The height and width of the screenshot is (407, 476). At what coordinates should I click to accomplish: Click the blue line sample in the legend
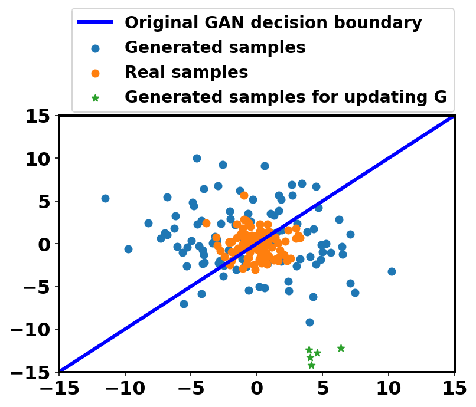tap(95, 22)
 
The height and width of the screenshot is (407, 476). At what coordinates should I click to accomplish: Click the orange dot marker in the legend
tap(95, 73)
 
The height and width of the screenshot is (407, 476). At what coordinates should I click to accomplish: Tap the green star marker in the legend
tap(95, 98)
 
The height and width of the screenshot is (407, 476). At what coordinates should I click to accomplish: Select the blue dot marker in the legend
tap(95, 48)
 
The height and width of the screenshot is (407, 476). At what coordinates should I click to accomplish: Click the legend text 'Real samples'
tap(187, 72)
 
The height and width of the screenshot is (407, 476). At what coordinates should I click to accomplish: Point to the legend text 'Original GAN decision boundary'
tap(273, 22)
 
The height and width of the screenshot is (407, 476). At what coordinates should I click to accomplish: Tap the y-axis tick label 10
tap(38, 159)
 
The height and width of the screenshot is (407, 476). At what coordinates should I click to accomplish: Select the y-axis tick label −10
tap(30, 330)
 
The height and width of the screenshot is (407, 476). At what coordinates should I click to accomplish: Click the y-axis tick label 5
tap(44, 201)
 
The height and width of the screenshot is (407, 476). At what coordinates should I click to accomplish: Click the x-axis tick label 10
tap(389, 388)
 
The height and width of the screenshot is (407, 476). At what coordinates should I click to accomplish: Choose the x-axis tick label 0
tap(257, 388)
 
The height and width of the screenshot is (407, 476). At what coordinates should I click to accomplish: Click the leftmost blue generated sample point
tap(105, 199)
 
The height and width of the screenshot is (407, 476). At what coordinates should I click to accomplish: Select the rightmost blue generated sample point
tap(392, 271)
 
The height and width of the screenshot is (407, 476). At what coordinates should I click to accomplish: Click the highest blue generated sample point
tap(197, 158)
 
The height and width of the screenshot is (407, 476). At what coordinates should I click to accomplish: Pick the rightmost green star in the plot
tap(341, 348)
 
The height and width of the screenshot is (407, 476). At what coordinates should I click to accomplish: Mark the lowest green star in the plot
tap(311, 365)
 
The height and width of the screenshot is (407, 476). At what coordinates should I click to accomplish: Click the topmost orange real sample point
tap(244, 196)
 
